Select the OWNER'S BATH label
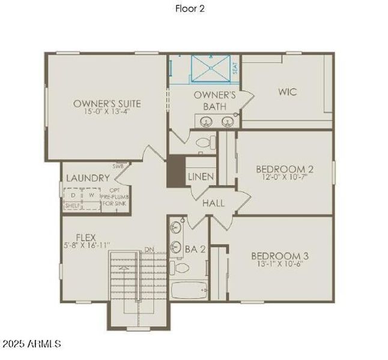[x=214, y=101]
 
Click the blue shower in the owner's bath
[x=210, y=68]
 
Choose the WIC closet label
[x=287, y=92]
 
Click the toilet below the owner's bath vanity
[x=204, y=143]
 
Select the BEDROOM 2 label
[x=285, y=169]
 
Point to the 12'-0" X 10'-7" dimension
[x=285, y=178]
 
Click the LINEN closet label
[x=199, y=178]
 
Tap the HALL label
[x=213, y=203]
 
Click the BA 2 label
[x=195, y=249]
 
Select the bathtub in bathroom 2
[x=189, y=290]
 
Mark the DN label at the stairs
[x=150, y=250]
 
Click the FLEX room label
[x=86, y=236]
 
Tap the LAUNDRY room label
[x=88, y=178]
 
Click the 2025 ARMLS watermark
[x=31, y=344]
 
